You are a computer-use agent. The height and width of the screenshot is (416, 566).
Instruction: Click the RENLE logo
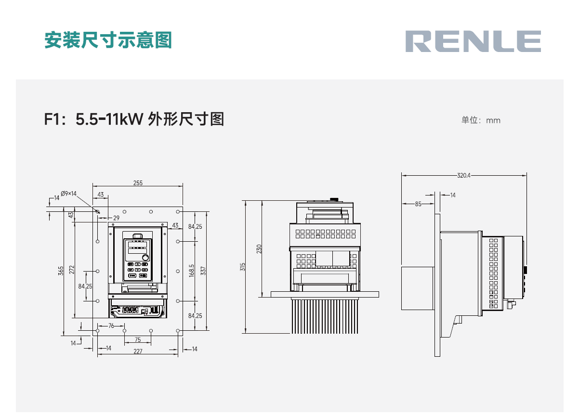pyautogui.click(x=473, y=41)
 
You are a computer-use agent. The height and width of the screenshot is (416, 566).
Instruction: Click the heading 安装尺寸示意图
pyautogui.click(x=108, y=40)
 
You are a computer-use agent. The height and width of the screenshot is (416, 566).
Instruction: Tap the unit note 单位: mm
pyautogui.click(x=481, y=120)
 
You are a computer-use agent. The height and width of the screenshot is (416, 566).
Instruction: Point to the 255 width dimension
pyautogui.click(x=138, y=183)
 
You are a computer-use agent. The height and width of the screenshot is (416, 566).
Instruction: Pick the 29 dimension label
pyautogui.click(x=116, y=218)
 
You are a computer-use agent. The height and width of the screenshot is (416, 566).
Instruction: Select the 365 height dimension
pyautogui.click(x=61, y=271)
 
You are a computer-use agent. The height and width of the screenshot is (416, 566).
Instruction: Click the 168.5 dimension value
pyautogui.click(x=192, y=271)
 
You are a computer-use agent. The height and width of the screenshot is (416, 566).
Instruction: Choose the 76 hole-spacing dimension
pyautogui.click(x=111, y=326)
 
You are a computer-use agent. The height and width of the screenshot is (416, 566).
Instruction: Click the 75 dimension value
pyautogui.click(x=138, y=339)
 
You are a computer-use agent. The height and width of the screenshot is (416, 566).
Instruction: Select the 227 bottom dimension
pyautogui.click(x=138, y=351)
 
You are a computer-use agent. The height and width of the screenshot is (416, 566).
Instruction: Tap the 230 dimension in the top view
pyautogui.click(x=259, y=249)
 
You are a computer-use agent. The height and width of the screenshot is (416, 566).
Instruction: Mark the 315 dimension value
pyautogui.click(x=243, y=266)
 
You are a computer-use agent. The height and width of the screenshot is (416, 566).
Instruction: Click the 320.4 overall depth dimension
pyautogui.click(x=463, y=176)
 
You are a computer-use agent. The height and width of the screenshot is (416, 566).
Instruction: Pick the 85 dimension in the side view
pyautogui.click(x=418, y=204)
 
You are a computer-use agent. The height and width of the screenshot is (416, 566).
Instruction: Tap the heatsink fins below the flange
pyautogui.click(x=325, y=316)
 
